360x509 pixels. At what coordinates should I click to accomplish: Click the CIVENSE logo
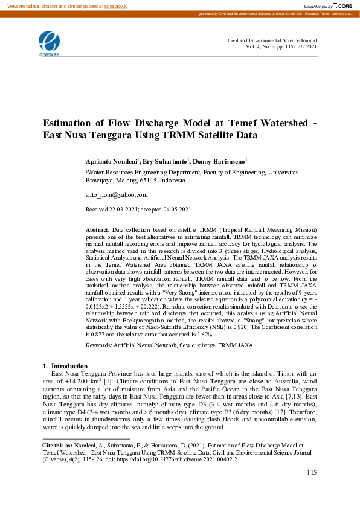point(49,44)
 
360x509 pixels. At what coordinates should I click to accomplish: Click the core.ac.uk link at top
point(117,5)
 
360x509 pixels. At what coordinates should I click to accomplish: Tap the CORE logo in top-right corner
point(342,5)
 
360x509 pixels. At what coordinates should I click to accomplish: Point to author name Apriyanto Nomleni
point(114,162)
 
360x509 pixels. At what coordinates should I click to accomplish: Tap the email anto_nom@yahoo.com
point(117,195)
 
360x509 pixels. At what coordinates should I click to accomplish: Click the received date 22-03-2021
point(124,209)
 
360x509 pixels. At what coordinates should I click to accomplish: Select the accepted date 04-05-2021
point(176,209)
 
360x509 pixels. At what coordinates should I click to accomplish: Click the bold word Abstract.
point(97,230)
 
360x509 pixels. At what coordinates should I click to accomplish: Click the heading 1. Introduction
point(66,367)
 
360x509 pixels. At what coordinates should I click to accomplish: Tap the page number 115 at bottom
point(311,472)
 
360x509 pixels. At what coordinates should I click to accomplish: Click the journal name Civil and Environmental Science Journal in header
point(272,40)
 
